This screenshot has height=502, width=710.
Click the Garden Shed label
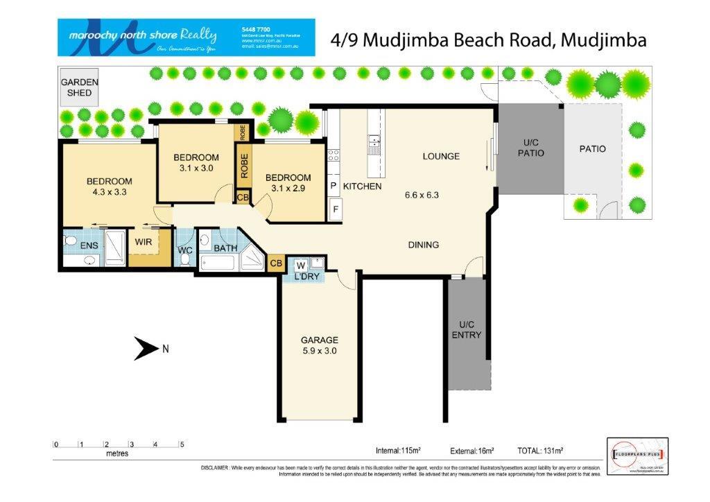point(79,87)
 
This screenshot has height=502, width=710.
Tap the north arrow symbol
point(146,349)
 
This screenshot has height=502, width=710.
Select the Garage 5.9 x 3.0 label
point(320,345)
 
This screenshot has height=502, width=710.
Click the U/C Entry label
point(466,329)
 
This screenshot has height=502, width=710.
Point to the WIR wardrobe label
point(144,243)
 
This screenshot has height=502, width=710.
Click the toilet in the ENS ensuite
point(69,241)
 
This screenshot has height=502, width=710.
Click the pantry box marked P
point(334,186)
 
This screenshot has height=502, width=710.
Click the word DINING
point(423,245)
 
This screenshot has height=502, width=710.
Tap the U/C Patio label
point(531,148)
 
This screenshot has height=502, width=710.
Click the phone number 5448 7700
point(255,28)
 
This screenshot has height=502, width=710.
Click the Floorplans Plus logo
point(637,456)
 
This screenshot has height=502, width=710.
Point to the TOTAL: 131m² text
point(540,450)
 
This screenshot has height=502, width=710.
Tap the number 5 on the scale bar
point(181,444)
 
